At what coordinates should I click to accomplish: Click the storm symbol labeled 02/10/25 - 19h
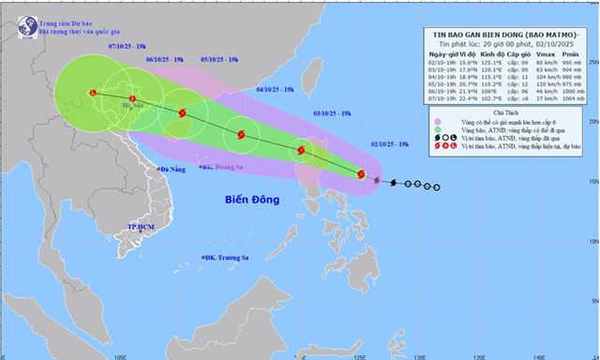pyautogui.click(x=361, y=173)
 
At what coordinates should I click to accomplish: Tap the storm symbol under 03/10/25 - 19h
pyautogui.click(x=301, y=150)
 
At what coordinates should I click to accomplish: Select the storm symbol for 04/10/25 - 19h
pyautogui.click(x=242, y=134)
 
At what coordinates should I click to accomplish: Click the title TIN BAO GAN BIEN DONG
pyautogui.click(x=497, y=35)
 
